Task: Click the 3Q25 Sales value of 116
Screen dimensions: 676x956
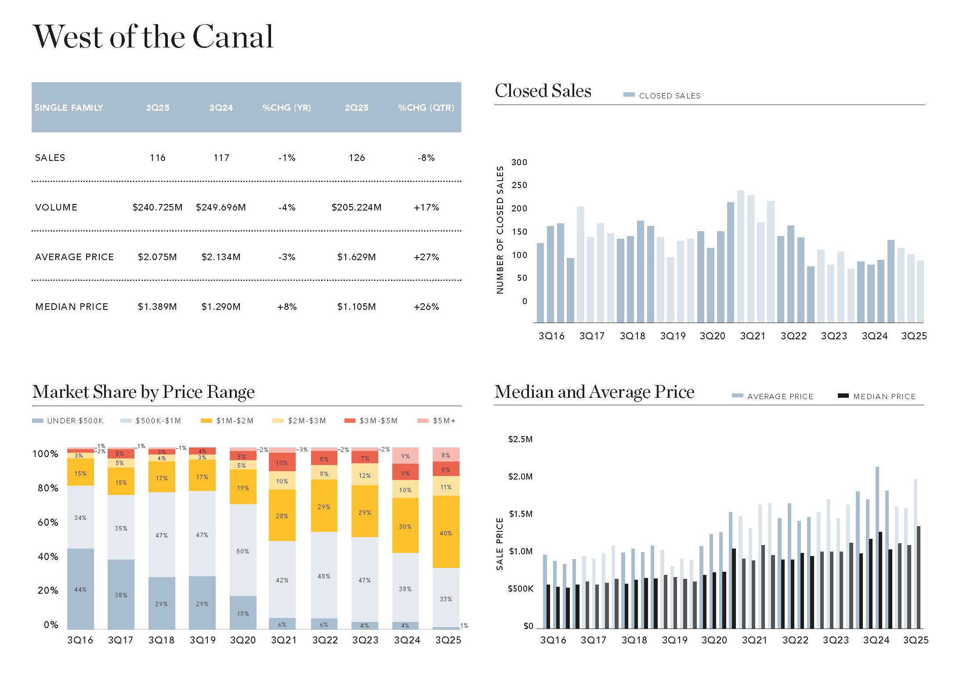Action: (157, 158)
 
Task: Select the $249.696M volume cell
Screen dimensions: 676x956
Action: (221, 207)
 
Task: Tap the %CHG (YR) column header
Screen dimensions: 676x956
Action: (286, 108)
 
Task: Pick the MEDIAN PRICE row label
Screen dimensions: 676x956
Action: (72, 307)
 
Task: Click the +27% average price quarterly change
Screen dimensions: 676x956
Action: (426, 257)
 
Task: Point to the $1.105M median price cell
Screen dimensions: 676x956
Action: (356, 307)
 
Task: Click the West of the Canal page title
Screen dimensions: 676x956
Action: (153, 36)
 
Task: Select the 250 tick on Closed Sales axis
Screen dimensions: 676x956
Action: (519, 185)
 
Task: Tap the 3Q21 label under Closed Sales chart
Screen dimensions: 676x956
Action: (753, 336)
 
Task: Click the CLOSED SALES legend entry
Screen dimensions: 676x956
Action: (669, 96)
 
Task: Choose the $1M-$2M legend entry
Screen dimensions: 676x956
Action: (235, 421)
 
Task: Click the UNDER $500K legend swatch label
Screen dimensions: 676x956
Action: (75, 421)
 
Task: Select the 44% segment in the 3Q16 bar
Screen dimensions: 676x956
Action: (80, 589)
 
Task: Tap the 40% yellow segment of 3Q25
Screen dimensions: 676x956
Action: (445, 533)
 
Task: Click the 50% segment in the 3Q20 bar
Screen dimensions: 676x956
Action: (243, 551)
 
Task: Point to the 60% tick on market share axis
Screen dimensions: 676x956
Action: (48, 523)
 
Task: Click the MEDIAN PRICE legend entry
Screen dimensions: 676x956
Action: (884, 396)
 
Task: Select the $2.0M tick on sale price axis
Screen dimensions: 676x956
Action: (520, 477)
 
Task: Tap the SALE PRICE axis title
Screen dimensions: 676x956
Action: (500, 544)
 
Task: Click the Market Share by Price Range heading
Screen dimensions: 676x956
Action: (143, 392)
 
